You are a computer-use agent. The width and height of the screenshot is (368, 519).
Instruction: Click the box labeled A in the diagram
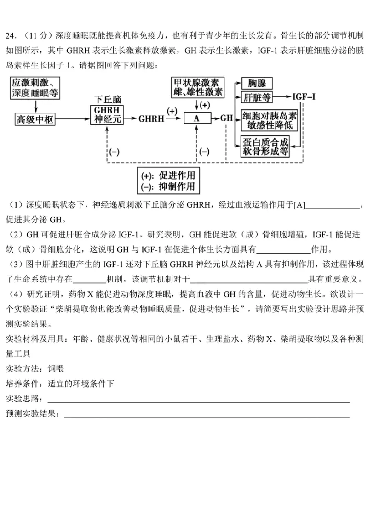click(x=197, y=118)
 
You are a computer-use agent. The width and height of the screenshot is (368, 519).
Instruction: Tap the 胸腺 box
click(x=257, y=83)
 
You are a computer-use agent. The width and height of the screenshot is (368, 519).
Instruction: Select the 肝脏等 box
click(x=257, y=97)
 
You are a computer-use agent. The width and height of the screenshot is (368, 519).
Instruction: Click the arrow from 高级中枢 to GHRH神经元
click(x=73, y=119)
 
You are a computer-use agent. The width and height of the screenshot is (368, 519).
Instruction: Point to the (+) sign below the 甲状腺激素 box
click(x=204, y=105)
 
